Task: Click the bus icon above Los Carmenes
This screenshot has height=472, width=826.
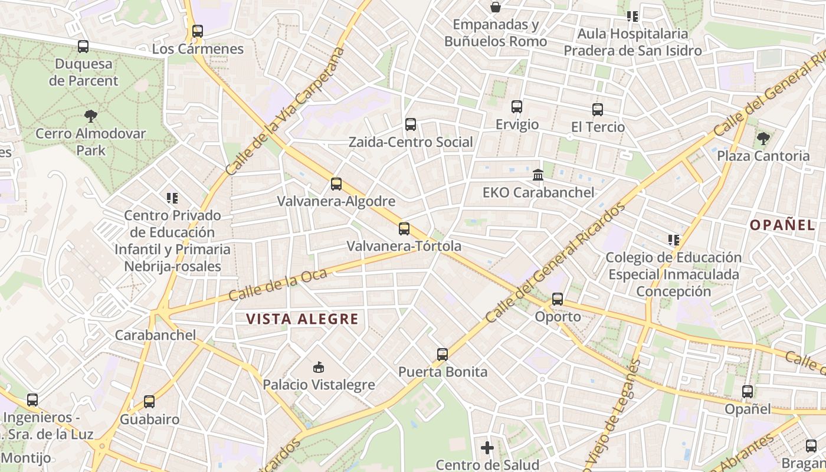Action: (198, 31)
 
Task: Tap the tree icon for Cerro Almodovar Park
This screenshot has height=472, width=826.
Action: (90, 116)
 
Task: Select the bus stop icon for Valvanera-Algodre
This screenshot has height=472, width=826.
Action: (336, 184)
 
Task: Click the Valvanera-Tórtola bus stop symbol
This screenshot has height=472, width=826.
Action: (404, 229)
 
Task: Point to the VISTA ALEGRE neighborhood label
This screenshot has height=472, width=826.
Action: (302, 319)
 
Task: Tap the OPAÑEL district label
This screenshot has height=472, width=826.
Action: (782, 225)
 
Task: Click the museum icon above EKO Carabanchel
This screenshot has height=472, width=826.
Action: (538, 175)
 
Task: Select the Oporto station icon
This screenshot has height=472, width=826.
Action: (558, 299)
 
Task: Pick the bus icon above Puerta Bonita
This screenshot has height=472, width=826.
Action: (442, 355)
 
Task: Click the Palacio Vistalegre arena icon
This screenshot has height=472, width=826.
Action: (319, 368)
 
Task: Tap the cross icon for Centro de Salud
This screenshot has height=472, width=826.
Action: (487, 448)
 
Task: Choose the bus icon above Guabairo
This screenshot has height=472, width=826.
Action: (149, 402)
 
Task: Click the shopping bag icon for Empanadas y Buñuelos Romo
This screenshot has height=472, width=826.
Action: (496, 7)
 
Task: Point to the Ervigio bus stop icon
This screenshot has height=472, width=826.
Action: (517, 107)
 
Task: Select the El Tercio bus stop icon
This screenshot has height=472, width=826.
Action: (598, 110)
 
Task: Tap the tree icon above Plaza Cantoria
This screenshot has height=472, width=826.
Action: (763, 139)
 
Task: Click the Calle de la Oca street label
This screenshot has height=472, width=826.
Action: (270, 285)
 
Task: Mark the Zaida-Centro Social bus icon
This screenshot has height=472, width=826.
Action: (411, 124)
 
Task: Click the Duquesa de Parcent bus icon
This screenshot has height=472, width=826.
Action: (83, 46)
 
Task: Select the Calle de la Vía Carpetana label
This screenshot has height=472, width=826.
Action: (284, 111)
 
